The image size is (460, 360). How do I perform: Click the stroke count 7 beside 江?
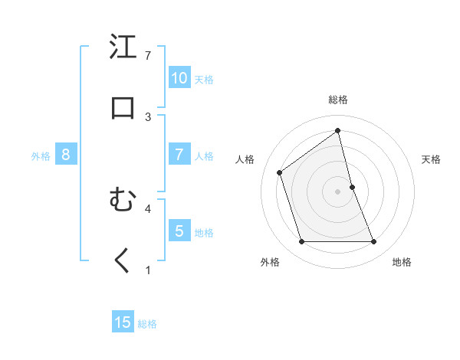tap(148, 56)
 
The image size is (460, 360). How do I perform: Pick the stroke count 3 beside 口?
tap(148, 117)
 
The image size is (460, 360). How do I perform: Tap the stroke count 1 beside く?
tap(148, 270)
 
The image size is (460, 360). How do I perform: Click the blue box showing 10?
tap(179, 77)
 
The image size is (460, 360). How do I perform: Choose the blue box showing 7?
tap(179, 154)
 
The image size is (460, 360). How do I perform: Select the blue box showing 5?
tap(179, 231)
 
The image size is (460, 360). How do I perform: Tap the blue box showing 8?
tap(66, 155)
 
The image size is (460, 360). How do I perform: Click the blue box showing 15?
tap(123, 322)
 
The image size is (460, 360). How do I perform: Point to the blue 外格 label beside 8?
tap(41, 156)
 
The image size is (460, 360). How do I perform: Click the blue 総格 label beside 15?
tap(147, 324)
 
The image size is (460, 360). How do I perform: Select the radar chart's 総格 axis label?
tap(338, 100)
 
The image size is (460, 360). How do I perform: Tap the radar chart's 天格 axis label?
tap(432, 159)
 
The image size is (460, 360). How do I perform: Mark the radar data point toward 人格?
tap(280, 172)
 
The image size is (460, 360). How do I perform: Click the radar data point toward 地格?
tap(373, 242)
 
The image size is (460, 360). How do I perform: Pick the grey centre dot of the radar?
tap(338, 191)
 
